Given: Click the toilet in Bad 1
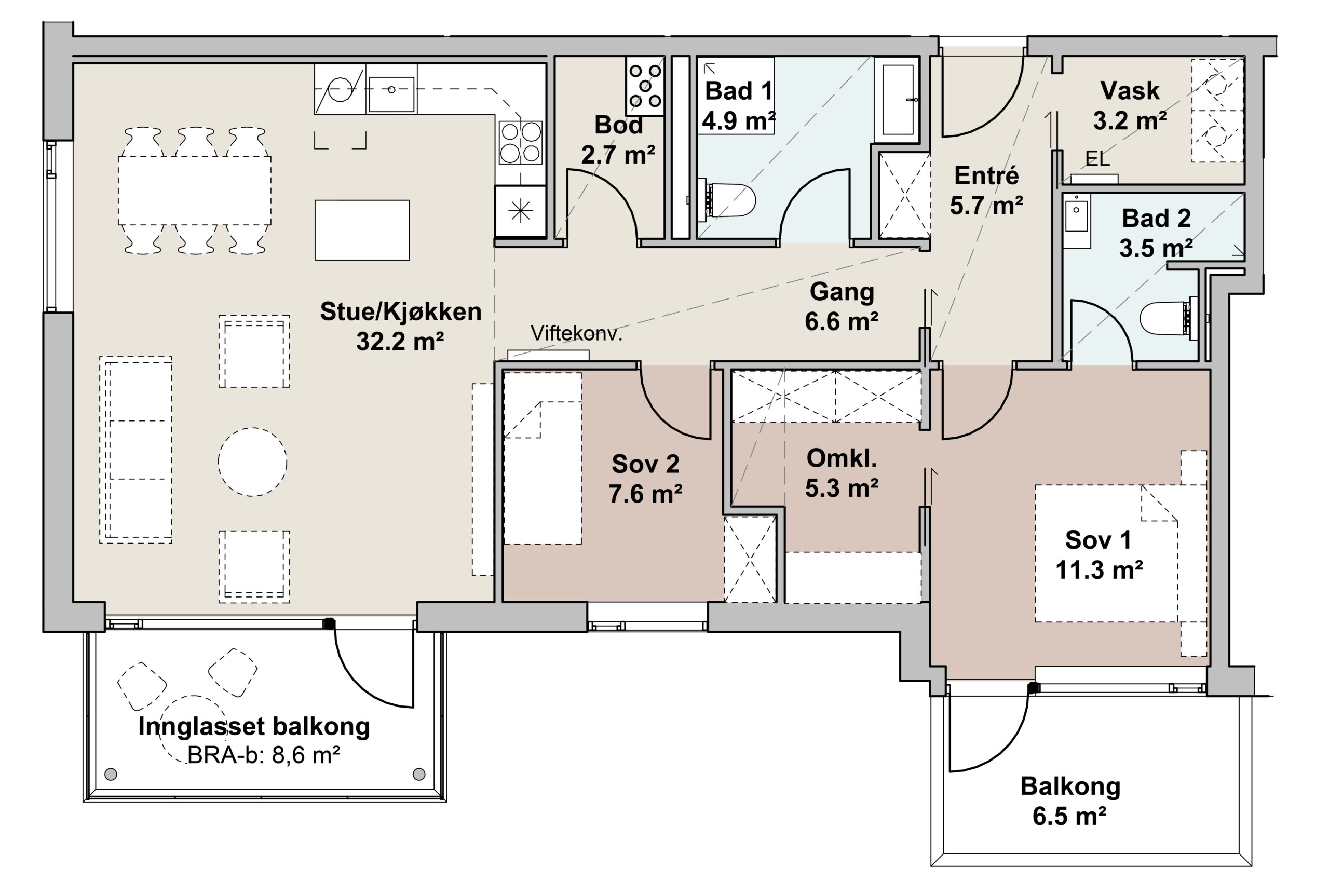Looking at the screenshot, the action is (x=726, y=199).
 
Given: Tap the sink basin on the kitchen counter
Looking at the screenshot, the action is (x=391, y=94).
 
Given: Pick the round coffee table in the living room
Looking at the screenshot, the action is (x=252, y=462).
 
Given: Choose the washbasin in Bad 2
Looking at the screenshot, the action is (x=1077, y=221).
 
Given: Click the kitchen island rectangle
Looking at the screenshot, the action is (x=362, y=229).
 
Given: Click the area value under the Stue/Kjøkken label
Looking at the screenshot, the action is (x=400, y=341).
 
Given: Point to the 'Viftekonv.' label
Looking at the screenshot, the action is (x=576, y=334).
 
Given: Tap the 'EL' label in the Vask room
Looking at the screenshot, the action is (x=1097, y=159).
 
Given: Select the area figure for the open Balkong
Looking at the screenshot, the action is (x=1069, y=816).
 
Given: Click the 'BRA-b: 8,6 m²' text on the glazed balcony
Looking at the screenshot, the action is (x=263, y=754).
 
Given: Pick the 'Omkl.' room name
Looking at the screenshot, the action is (x=842, y=458).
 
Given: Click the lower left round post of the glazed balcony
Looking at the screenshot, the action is (x=111, y=774).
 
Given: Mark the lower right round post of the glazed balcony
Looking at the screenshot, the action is (x=418, y=774).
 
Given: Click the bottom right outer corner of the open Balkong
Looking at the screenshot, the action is (x=1252, y=866).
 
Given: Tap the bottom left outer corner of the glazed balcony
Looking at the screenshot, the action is (x=84, y=801).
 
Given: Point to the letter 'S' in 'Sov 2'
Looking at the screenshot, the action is (x=620, y=464).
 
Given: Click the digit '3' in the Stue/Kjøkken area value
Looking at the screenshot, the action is (x=363, y=341).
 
